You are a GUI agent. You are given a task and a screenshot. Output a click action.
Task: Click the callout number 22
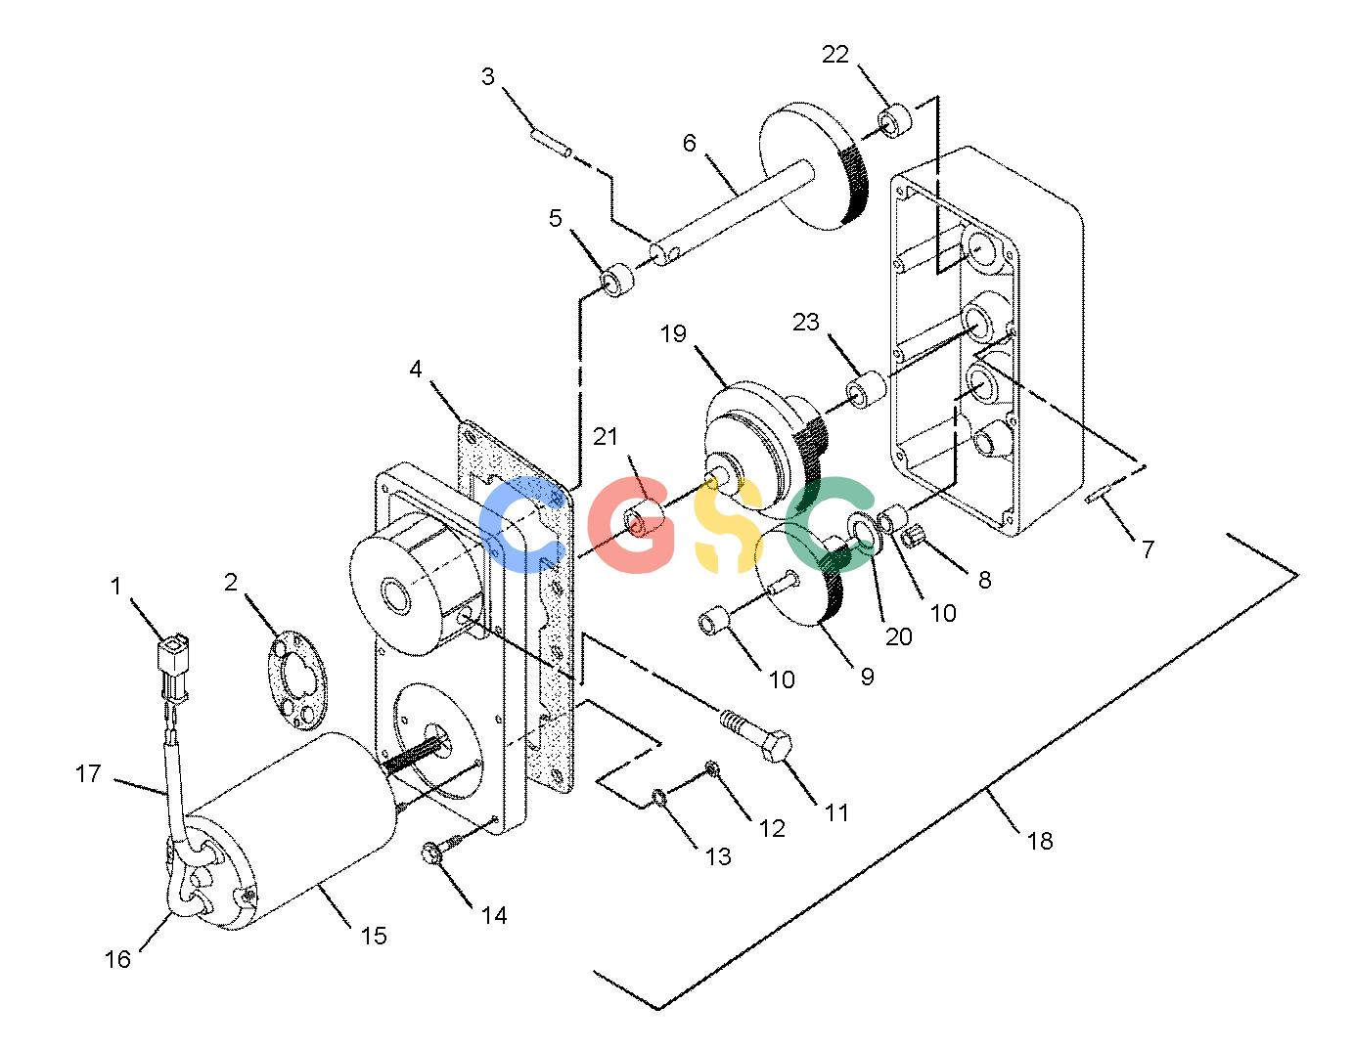[x=834, y=55]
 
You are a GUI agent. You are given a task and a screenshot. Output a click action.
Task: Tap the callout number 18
[x=1040, y=841]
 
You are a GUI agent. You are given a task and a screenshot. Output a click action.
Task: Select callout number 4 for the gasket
[x=416, y=370]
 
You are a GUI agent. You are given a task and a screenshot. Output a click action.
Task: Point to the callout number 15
[x=374, y=936]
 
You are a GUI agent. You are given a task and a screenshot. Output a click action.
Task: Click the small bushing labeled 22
[x=893, y=122]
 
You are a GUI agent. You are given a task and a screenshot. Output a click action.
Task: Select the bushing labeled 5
[x=616, y=281]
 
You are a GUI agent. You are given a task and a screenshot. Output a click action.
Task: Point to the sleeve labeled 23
[x=866, y=389]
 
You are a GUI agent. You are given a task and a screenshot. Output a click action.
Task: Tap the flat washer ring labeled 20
[x=866, y=533]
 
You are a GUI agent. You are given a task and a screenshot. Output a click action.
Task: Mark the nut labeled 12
[x=714, y=770]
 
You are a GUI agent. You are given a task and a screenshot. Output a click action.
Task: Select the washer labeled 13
[x=660, y=797]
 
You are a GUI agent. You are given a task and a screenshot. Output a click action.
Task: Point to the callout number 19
[x=673, y=333]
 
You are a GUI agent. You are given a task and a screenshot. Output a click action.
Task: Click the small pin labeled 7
[x=1101, y=497]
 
